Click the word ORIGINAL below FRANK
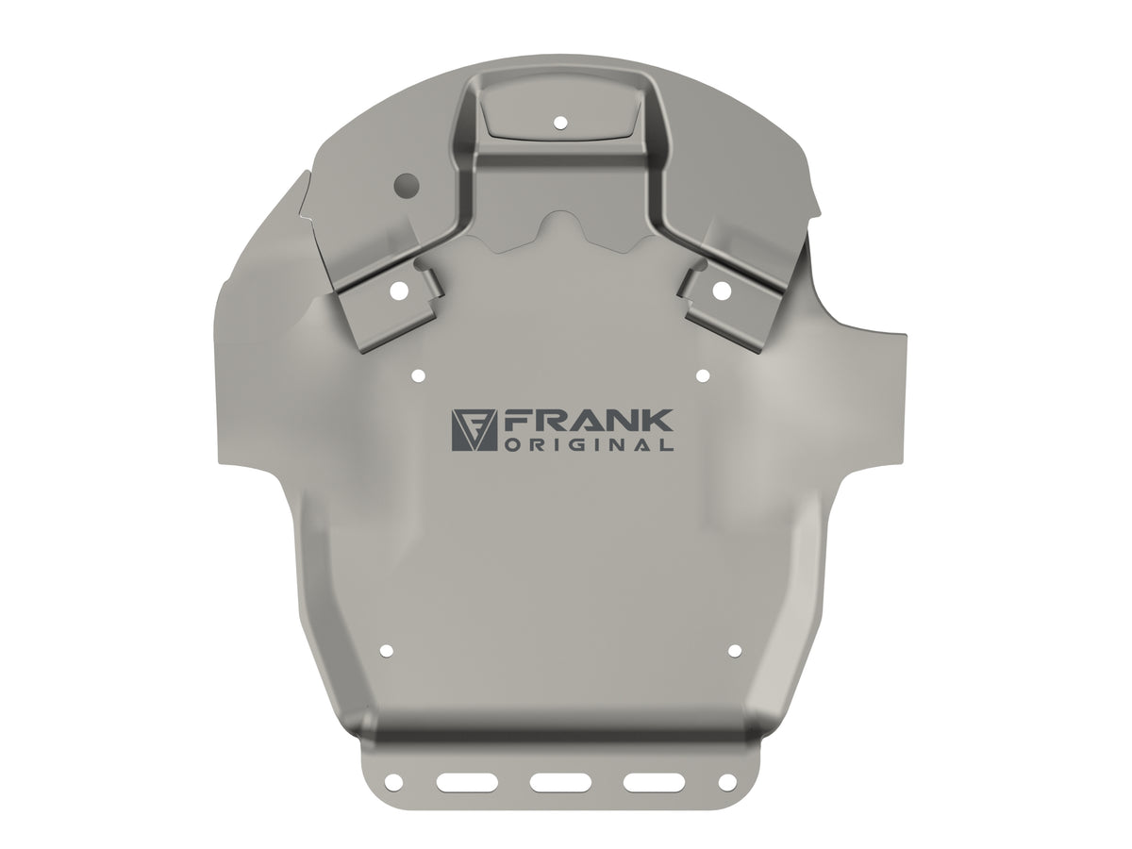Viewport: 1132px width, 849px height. coord(590,445)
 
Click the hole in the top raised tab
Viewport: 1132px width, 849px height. coord(560,123)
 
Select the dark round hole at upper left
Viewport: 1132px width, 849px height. coord(406,184)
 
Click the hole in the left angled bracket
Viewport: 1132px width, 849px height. coord(399,291)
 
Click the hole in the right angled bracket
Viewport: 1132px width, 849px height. coord(722,291)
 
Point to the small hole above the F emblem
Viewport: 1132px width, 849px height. coord(419,376)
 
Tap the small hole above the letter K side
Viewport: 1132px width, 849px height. coord(702,376)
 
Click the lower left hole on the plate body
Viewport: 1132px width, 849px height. coord(386,651)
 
